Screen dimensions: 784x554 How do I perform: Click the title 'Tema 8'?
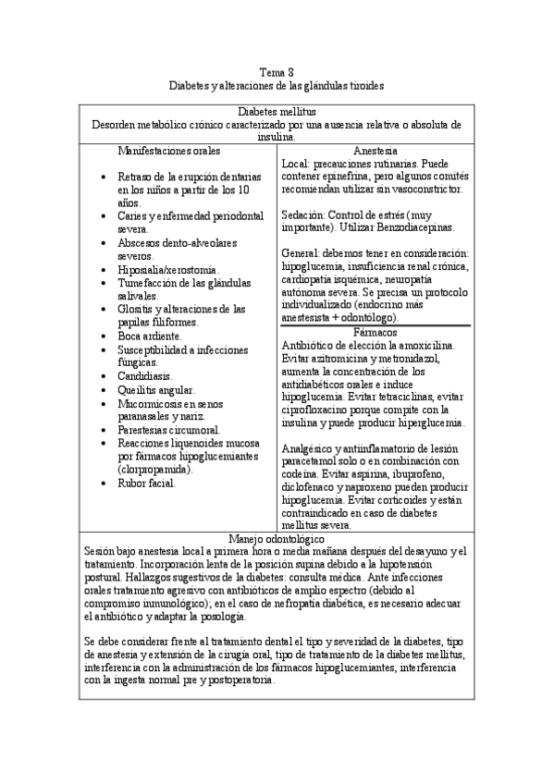[x=277, y=71]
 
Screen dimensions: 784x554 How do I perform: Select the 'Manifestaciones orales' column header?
[x=169, y=149]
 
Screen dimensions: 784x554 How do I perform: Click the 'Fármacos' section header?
[x=375, y=331]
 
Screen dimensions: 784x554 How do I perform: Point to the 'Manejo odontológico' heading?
[x=277, y=538]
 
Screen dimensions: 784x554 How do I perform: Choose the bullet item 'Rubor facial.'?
[x=146, y=484]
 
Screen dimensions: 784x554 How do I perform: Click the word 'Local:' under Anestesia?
[x=294, y=163]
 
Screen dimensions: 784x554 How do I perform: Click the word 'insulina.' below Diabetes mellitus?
[x=277, y=136]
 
